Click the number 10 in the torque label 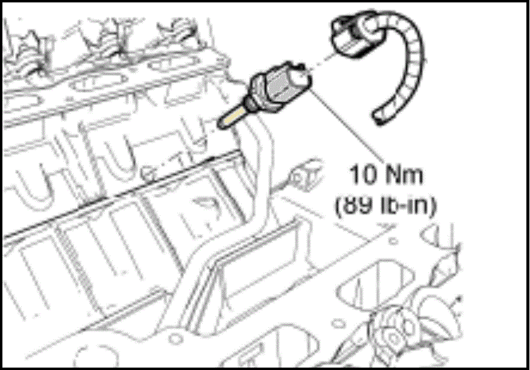[361, 177]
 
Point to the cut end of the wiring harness [380, 118]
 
